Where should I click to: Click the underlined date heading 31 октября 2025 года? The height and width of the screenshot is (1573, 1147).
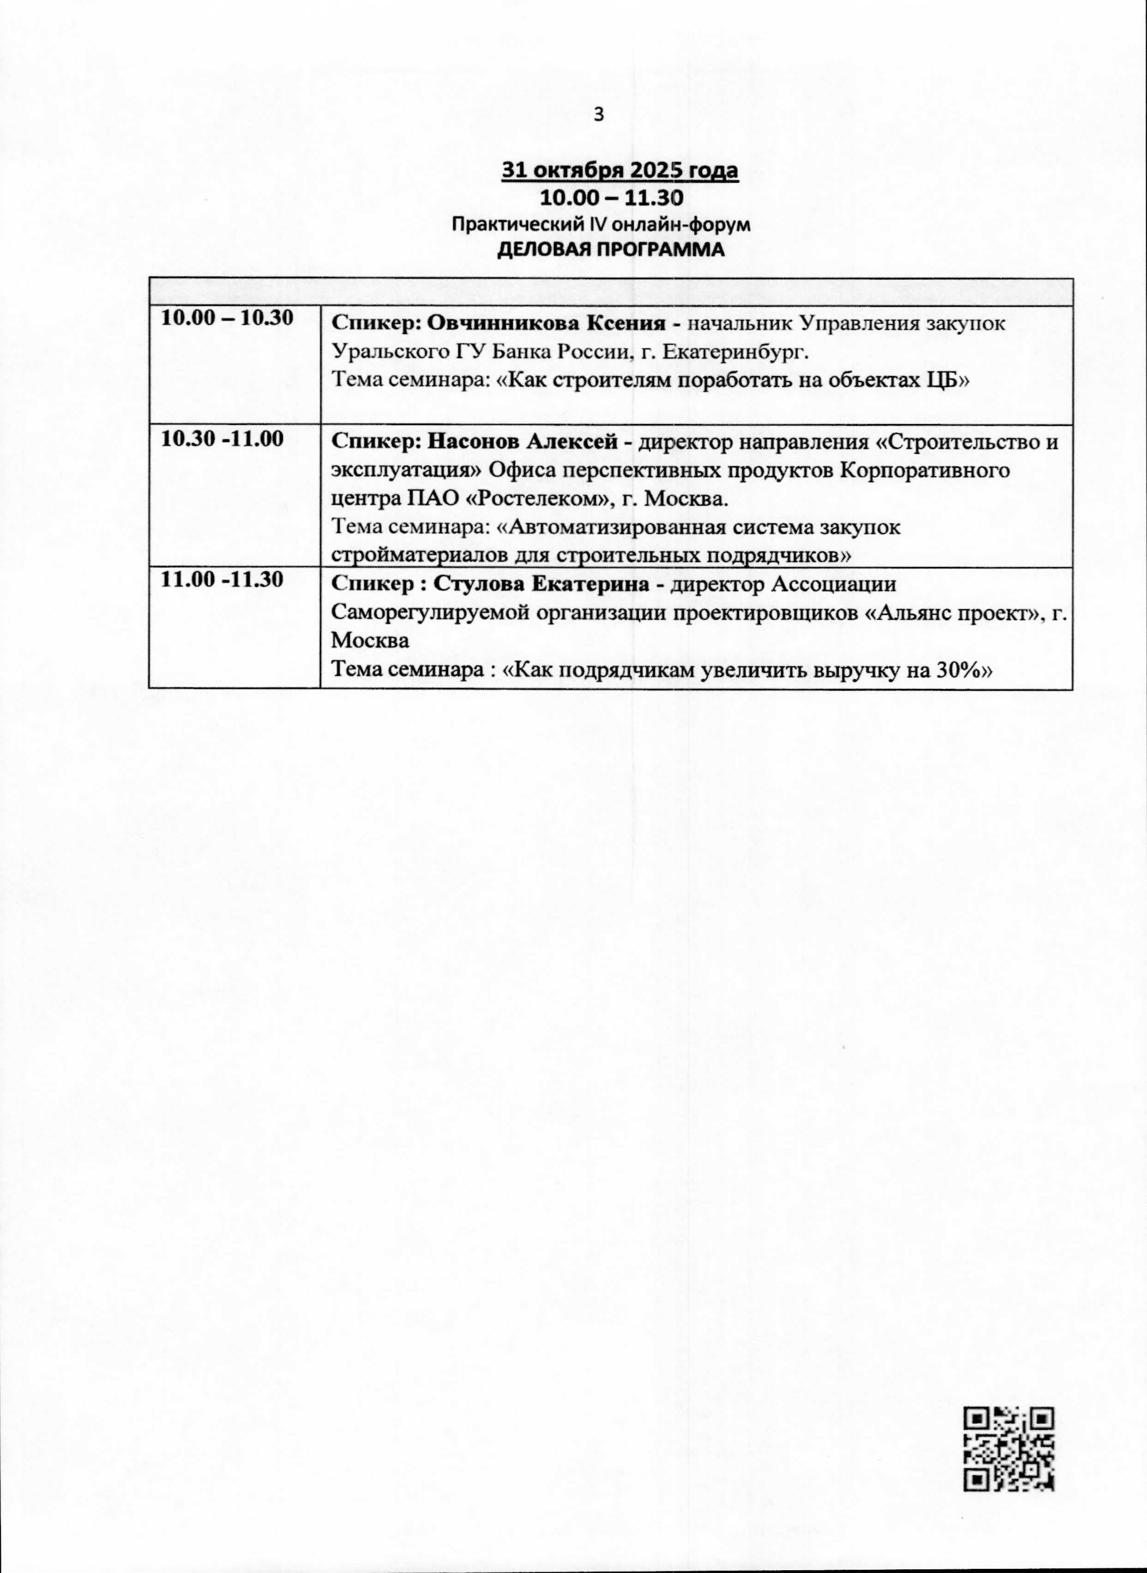(620, 171)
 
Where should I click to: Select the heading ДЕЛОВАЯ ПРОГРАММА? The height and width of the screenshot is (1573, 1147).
(611, 251)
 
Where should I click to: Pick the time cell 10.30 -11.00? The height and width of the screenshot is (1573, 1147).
(222, 439)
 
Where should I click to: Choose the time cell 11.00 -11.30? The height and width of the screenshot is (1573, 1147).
(222, 580)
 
